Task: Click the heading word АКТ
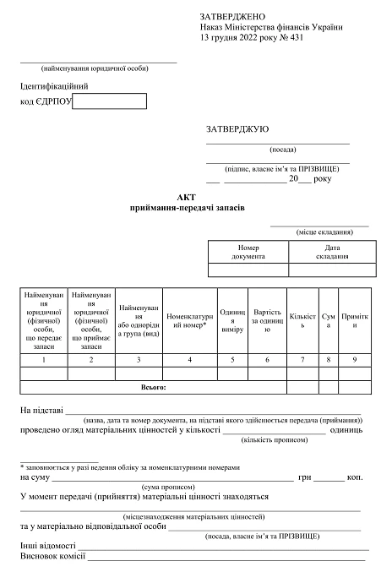point(186,197)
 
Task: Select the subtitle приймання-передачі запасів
point(186,208)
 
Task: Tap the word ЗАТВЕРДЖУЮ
point(237,129)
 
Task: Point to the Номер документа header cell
point(248,252)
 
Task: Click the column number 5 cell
point(231,360)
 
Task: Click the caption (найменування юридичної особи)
point(95,68)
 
